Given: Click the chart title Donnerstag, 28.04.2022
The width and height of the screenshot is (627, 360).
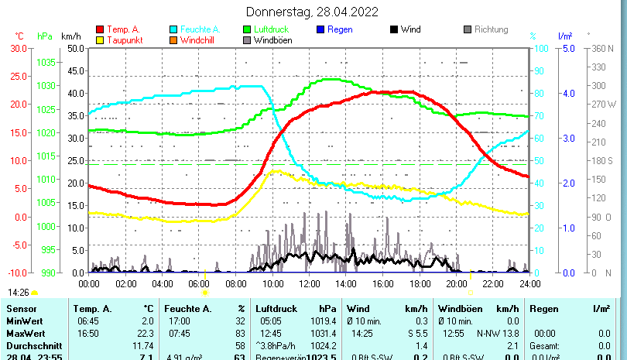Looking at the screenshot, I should [312, 12].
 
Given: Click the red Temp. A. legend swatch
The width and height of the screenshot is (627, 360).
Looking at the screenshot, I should [99, 29].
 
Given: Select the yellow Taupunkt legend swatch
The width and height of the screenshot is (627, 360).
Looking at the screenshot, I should [99, 39].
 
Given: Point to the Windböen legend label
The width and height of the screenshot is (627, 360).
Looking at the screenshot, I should [273, 39].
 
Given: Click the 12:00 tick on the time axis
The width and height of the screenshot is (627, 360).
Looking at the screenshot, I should [309, 283].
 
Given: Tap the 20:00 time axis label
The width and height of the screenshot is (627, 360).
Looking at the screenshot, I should [455, 283].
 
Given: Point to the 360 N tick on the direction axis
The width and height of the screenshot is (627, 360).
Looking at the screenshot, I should [602, 48].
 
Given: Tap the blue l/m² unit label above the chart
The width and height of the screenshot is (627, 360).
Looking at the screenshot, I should [564, 36].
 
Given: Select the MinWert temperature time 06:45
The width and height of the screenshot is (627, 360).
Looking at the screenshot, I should [87, 321].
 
